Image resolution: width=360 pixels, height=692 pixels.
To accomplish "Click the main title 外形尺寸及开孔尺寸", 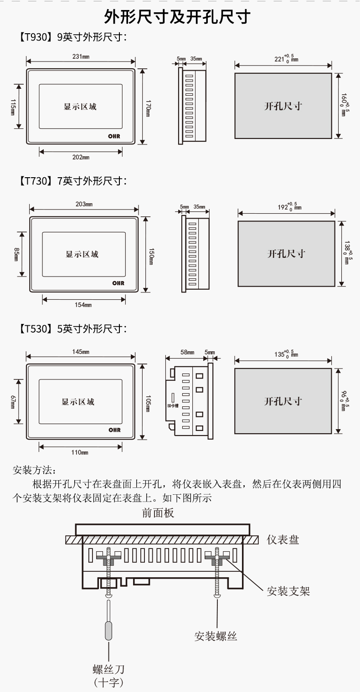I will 177,17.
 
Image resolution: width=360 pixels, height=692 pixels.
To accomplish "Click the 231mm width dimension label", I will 81,57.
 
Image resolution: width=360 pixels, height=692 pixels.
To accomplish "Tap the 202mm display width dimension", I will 81,157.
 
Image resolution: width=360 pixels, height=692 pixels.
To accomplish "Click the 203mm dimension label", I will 84,204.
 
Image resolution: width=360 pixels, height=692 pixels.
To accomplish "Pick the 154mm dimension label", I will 83,305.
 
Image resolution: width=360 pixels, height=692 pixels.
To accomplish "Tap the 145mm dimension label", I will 81,352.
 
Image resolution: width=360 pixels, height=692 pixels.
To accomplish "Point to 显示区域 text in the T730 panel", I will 82,254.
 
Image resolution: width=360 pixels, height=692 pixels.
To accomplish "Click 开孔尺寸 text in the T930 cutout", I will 283,106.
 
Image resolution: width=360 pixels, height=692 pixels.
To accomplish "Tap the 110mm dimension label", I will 81,452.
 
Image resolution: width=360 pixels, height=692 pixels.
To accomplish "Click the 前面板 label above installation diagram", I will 158,513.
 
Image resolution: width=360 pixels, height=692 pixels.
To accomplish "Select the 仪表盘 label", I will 283,540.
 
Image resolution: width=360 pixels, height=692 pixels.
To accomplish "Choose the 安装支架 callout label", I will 288,591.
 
